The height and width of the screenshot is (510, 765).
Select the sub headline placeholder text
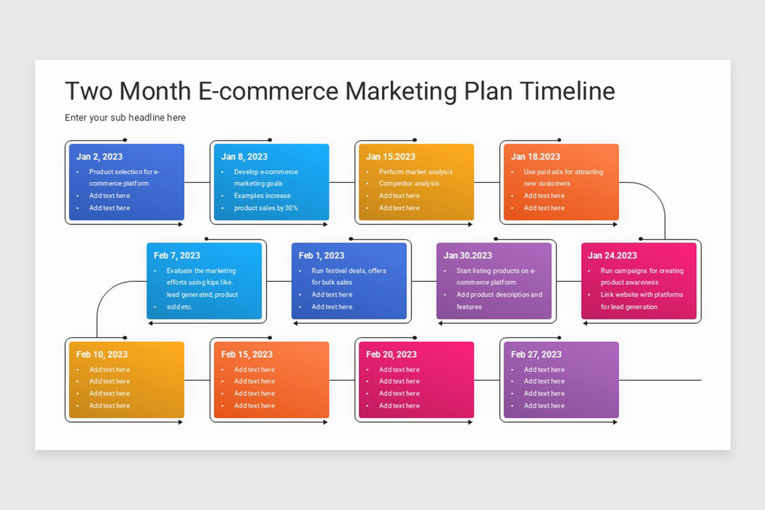pos(125,117)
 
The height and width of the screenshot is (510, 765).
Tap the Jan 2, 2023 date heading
pos(99,157)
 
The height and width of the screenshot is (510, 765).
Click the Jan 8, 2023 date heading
pos(244,157)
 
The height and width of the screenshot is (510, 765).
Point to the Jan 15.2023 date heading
pos(390,157)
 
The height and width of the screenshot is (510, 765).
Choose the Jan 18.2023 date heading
pos(535,157)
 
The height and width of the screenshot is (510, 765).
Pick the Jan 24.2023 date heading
pos(612,256)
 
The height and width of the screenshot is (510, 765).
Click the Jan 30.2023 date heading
pos(467,256)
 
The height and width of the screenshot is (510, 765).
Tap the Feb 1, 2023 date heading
pos(321,256)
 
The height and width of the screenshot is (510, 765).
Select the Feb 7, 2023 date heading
pos(177,256)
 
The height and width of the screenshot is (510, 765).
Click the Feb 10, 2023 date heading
pos(102,354)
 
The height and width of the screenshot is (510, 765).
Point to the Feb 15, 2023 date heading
pos(247,354)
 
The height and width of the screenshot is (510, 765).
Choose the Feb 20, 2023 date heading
pos(391,354)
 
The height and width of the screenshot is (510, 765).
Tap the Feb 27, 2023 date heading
pos(536,354)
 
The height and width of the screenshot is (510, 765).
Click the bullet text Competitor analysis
pos(409,184)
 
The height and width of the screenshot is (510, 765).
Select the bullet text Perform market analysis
pos(416,171)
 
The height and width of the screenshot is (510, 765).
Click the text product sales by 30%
pos(266,208)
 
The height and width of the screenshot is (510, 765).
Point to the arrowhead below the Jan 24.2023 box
pos(586,323)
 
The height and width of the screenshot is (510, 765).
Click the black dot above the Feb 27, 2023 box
pos(559,338)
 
